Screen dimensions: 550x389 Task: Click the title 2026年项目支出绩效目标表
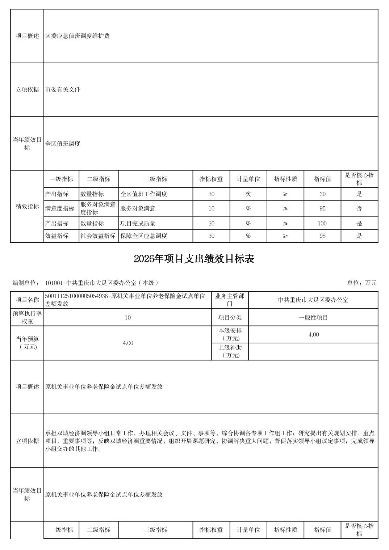click(x=194, y=259)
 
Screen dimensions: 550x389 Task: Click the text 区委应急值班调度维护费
click(x=77, y=36)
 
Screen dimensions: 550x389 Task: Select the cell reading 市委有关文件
click(x=63, y=90)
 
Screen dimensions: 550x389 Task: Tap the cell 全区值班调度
click(x=63, y=144)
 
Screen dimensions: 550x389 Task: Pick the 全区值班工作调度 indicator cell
click(x=144, y=194)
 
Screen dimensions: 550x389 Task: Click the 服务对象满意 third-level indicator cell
click(x=138, y=208)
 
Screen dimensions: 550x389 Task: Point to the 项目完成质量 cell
click(x=138, y=224)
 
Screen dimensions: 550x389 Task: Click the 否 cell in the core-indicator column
click(x=359, y=208)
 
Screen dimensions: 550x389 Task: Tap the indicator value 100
click(x=322, y=224)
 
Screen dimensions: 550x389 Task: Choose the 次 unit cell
click(x=248, y=194)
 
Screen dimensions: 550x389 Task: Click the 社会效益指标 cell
click(x=98, y=236)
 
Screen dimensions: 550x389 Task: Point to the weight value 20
click(x=211, y=224)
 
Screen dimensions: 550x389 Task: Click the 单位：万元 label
click(x=361, y=283)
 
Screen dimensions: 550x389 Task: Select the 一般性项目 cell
click(x=313, y=318)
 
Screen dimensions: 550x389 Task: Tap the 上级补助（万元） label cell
click(x=230, y=351)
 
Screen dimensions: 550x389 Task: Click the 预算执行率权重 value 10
click(x=127, y=318)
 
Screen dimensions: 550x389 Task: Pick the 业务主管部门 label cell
click(x=230, y=300)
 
